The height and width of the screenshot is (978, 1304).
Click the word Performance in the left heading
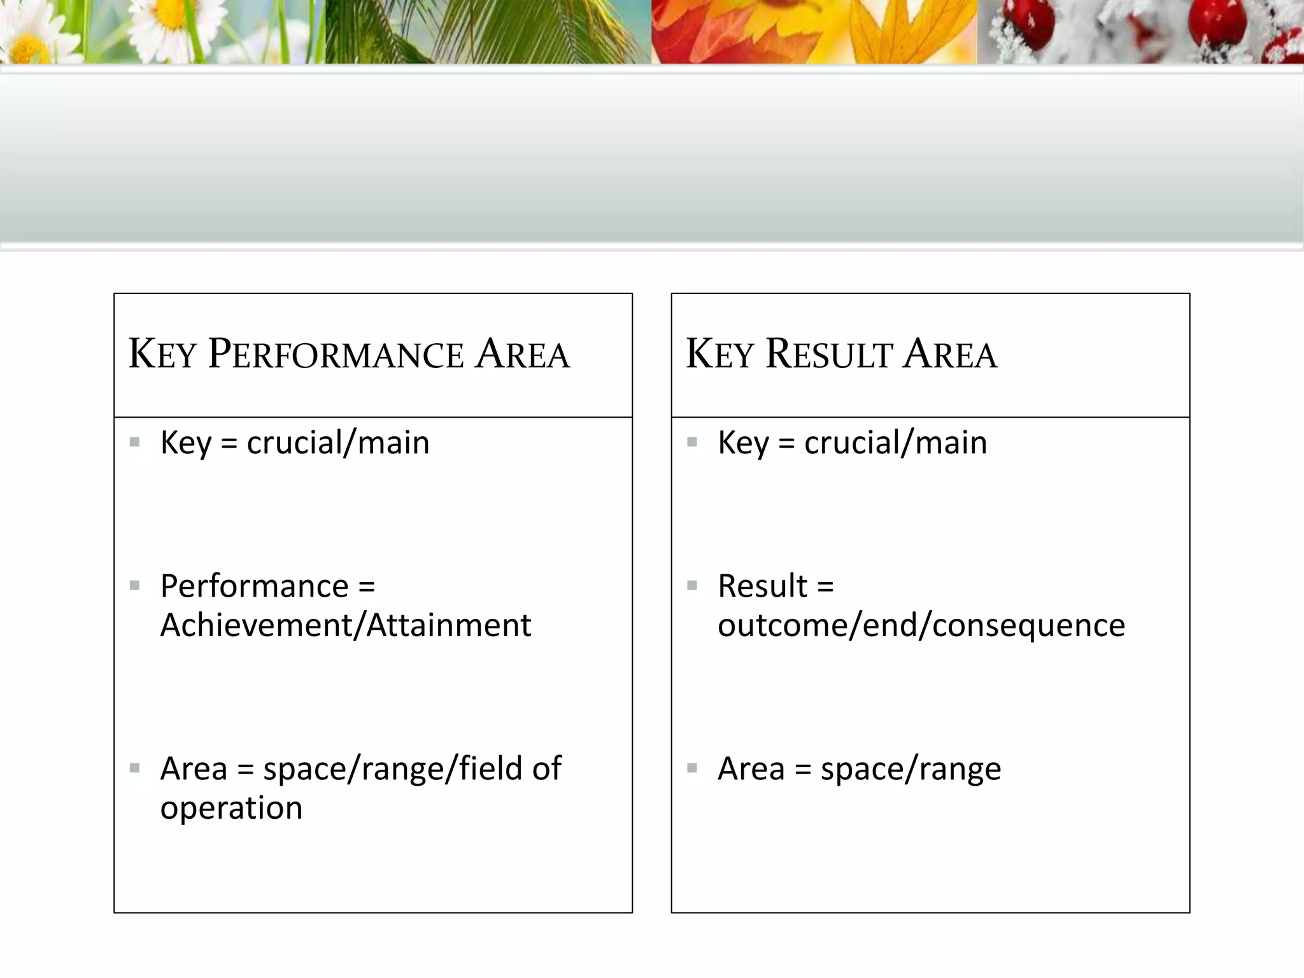(x=336, y=355)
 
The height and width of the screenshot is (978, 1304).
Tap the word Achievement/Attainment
(x=346, y=625)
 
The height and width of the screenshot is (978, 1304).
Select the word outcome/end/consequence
(x=921, y=625)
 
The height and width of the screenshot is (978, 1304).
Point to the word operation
(x=231, y=808)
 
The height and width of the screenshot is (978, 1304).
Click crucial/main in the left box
(x=338, y=443)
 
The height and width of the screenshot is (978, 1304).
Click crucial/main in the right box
(x=895, y=443)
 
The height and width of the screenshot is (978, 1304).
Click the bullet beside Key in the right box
(x=692, y=441)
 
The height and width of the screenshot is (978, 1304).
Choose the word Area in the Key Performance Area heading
(x=522, y=355)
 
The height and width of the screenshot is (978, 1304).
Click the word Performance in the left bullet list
(x=255, y=586)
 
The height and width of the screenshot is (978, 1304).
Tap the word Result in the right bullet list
(x=762, y=586)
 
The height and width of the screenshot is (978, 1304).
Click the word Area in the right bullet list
(x=751, y=769)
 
